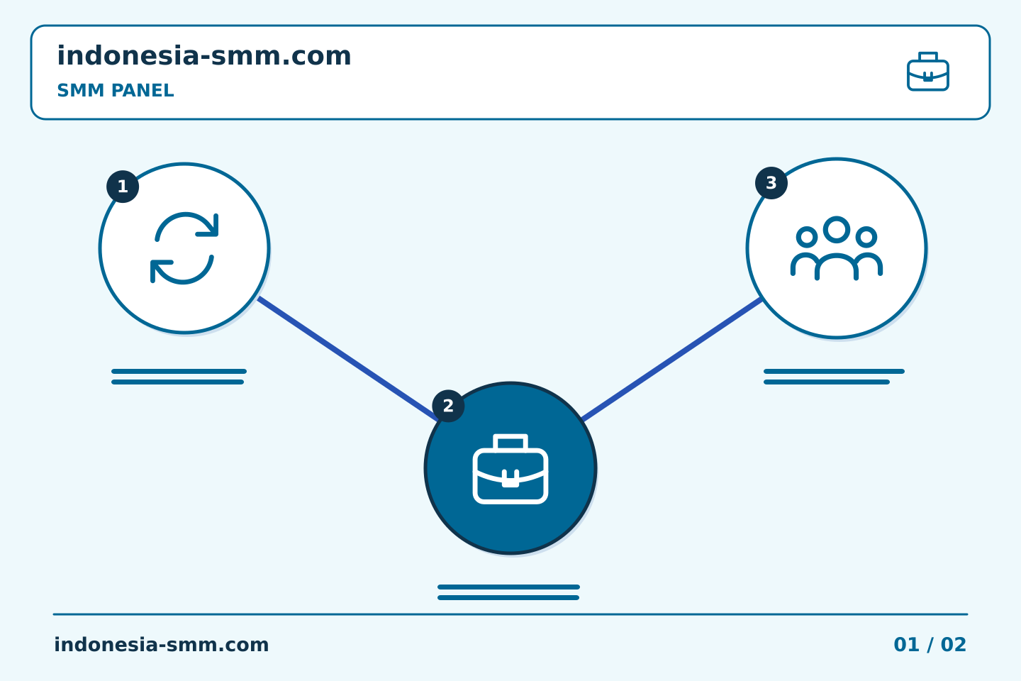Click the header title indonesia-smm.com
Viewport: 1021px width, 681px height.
coord(203,55)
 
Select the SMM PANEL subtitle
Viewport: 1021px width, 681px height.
coord(116,90)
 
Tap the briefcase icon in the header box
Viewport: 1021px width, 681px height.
coord(928,72)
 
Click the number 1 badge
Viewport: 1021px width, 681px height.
coord(123,187)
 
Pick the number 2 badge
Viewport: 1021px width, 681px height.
coord(448,406)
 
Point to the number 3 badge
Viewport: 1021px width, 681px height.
coord(771,183)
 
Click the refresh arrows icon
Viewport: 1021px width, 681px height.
coord(184,248)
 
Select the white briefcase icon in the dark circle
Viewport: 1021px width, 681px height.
coord(510,469)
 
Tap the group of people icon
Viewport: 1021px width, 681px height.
coord(837,248)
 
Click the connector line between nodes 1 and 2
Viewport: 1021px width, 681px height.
coord(347,358)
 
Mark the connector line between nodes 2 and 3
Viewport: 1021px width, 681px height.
coord(672,359)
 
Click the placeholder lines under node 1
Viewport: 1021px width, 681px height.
coord(179,377)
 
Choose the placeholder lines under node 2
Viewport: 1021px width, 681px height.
coord(508,592)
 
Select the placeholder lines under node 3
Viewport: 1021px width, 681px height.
coord(834,377)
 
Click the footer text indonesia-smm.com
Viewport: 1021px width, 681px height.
coord(162,645)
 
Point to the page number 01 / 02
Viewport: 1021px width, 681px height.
coord(930,645)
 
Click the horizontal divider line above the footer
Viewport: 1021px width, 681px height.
coord(510,614)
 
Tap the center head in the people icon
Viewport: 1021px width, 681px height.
coord(837,229)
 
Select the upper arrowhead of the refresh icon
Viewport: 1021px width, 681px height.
coord(210,226)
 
